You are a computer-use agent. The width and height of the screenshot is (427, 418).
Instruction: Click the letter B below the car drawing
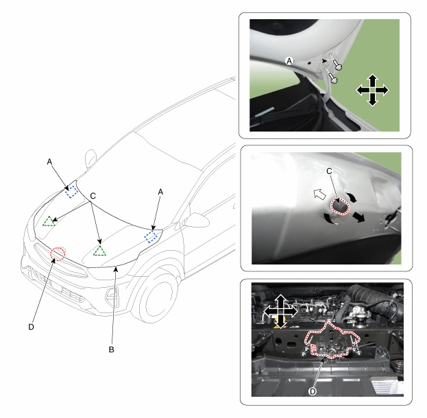[112, 349]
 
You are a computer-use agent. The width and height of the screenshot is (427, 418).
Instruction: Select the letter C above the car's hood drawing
[93, 196]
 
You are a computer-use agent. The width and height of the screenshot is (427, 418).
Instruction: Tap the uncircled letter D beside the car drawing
[32, 327]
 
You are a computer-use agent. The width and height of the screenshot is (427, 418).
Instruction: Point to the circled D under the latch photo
[313, 391]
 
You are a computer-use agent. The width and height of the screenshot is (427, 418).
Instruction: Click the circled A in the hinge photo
[289, 61]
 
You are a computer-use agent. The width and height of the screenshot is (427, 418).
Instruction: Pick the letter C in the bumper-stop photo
[329, 171]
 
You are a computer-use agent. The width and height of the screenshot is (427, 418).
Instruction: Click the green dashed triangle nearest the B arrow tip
[99, 251]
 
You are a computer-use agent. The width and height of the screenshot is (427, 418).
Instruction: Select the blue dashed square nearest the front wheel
[151, 236]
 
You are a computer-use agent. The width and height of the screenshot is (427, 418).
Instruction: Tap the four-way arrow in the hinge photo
[372, 90]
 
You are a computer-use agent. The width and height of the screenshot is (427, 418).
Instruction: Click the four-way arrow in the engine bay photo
[280, 311]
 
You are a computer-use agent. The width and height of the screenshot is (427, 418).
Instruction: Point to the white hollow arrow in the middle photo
[320, 194]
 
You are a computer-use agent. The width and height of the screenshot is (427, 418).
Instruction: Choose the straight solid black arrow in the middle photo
[358, 217]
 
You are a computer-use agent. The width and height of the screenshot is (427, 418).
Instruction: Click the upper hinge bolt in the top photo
[337, 64]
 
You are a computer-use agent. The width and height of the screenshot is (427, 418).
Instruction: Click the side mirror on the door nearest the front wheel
[195, 220]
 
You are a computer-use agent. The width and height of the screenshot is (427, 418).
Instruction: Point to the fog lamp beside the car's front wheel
[112, 297]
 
